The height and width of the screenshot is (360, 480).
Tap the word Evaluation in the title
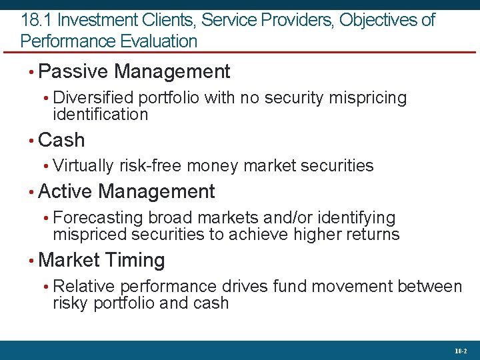tap(160, 41)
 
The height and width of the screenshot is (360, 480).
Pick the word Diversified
tap(93, 98)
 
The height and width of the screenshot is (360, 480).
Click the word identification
tap(100, 114)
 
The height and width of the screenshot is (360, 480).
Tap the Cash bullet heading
tap(62, 140)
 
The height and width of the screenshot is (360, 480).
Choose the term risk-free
tap(151, 165)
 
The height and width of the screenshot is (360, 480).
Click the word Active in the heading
tap(66, 192)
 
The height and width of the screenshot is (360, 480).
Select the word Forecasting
tap(98, 218)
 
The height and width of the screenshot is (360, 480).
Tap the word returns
tap(370, 235)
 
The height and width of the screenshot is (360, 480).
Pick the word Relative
tap(84, 287)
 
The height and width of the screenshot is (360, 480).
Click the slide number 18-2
tap(461, 351)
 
